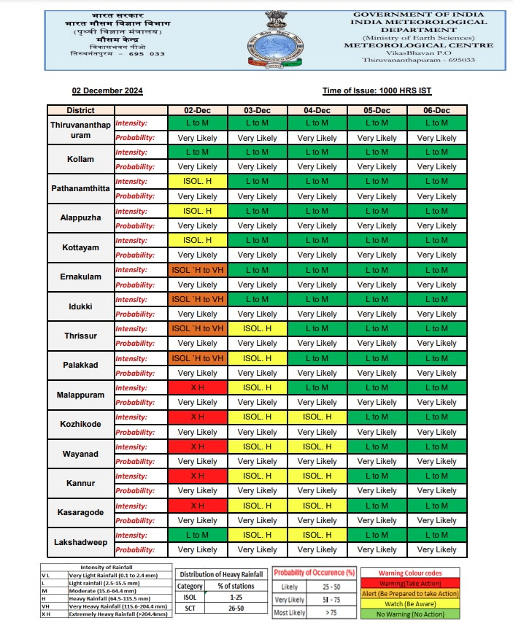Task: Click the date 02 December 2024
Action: (107, 91)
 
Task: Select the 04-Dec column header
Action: (317, 110)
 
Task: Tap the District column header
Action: (80, 110)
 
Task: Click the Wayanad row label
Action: (81, 454)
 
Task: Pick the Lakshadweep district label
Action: (80, 542)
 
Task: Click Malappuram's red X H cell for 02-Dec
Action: (197, 387)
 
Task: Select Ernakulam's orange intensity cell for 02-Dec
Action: (197, 270)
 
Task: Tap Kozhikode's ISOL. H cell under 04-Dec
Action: (317, 417)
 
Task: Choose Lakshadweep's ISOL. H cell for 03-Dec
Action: (257, 535)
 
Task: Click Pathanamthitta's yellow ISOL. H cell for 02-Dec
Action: (197, 181)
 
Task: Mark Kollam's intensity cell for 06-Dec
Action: (436, 152)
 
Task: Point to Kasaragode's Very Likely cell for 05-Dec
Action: (377, 520)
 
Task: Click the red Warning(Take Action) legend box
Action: (409, 584)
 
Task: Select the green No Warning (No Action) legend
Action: (409, 614)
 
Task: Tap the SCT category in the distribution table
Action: (190, 608)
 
